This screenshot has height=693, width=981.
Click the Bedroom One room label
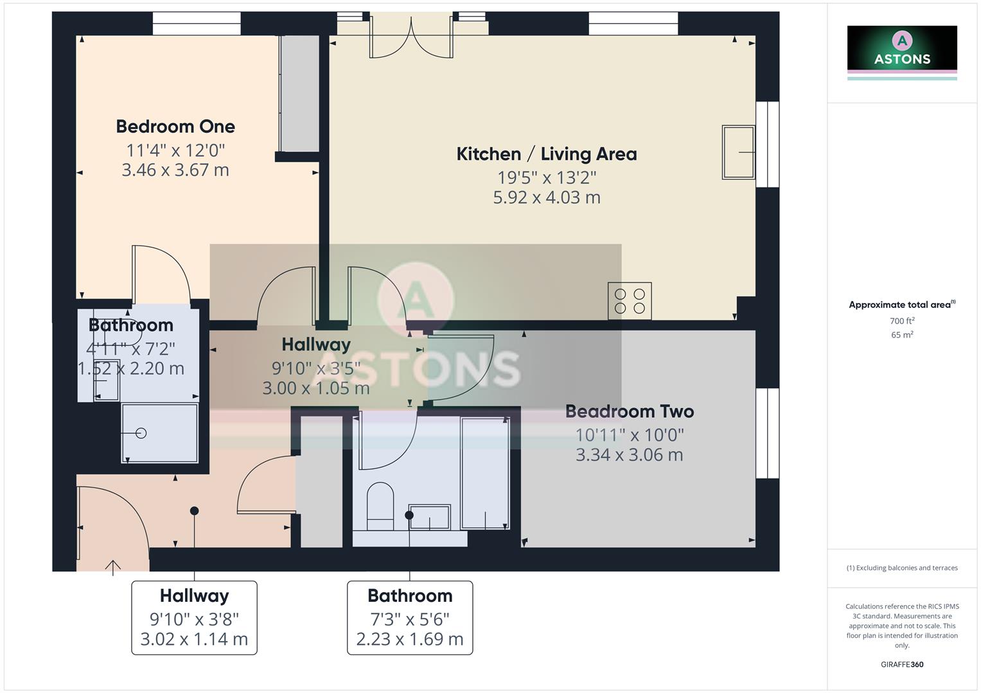tap(175, 126)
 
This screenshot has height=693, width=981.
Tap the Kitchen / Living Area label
tap(546, 154)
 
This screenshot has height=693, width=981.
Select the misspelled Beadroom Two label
tap(629, 411)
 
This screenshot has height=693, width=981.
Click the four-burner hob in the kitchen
tap(630, 301)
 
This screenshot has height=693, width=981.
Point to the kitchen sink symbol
tap(738, 152)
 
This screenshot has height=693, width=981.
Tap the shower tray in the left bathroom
tap(160, 433)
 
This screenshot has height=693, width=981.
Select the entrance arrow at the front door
tap(113, 567)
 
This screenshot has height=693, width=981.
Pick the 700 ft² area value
tap(901, 321)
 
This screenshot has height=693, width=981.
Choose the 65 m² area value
tap(901, 335)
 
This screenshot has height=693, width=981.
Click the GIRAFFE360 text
tap(901, 664)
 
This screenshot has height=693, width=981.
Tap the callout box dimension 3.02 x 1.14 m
tap(194, 639)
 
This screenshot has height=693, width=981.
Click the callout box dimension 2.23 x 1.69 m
tap(410, 639)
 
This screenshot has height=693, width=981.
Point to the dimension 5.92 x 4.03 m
tap(546, 198)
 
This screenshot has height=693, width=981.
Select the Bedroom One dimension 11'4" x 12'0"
tap(175, 150)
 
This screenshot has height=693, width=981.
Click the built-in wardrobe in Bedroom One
tap(299, 94)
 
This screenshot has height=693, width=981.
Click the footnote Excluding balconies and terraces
tap(901, 568)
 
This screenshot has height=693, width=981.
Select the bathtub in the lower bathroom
tap(485, 472)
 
